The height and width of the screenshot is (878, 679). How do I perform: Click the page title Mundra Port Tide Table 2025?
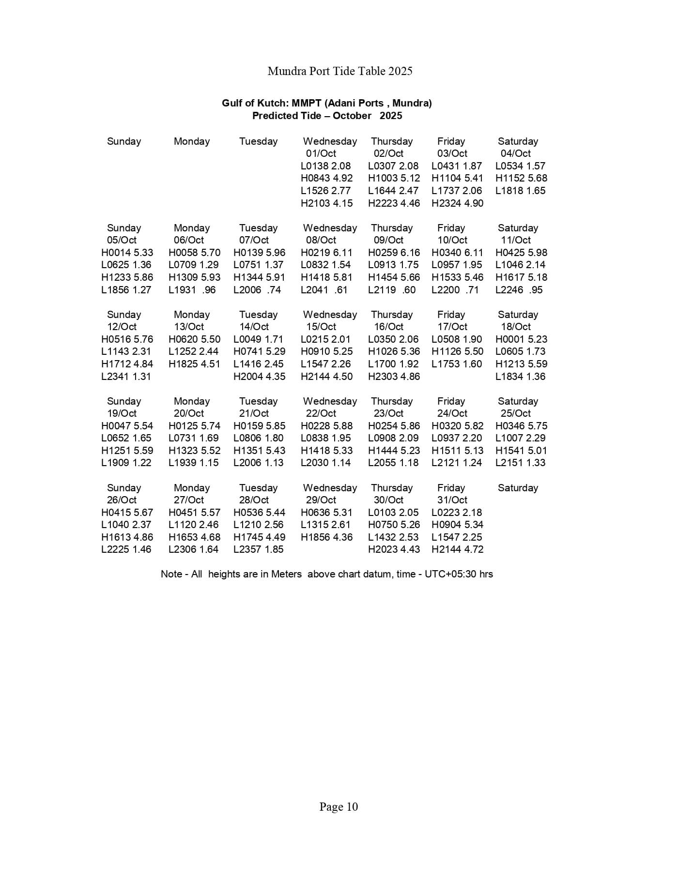[x=339, y=71]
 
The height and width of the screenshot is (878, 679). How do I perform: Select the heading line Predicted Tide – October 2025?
[x=327, y=116]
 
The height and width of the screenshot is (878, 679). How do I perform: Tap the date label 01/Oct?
[x=321, y=153]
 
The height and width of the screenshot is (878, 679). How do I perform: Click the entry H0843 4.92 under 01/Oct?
[x=326, y=178]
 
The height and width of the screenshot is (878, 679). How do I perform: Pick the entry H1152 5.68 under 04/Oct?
[x=521, y=178]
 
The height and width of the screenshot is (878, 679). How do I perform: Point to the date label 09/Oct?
[x=388, y=240]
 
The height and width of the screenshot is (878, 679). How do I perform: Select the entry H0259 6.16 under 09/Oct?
[x=394, y=253]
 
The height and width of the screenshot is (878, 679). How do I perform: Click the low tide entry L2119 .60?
[x=392, y=290]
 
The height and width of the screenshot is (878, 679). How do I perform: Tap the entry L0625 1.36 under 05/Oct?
[x=126, y=265]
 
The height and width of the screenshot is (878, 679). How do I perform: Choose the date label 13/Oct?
[x=189, y=327]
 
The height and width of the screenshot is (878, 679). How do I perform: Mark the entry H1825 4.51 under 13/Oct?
[x=194, y=364]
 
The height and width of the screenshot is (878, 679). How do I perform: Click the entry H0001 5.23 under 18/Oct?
[x=521, y=339]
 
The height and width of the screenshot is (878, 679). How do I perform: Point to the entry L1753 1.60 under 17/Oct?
[x=457, y=364]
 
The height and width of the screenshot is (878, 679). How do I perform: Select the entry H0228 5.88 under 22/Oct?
[x=326, y=426]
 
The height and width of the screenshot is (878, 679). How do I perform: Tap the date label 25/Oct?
[x=515, y=413]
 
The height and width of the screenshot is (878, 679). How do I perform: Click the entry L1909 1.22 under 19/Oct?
[x=126, y=463]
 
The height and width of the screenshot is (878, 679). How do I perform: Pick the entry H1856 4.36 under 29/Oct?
[x=326, y=537]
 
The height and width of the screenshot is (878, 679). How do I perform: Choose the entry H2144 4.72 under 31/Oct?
[x=457, y=549]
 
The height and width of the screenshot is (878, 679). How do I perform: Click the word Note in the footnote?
[x=171, y=574]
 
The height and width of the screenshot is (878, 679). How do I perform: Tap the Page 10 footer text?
[x=339, y=807]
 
